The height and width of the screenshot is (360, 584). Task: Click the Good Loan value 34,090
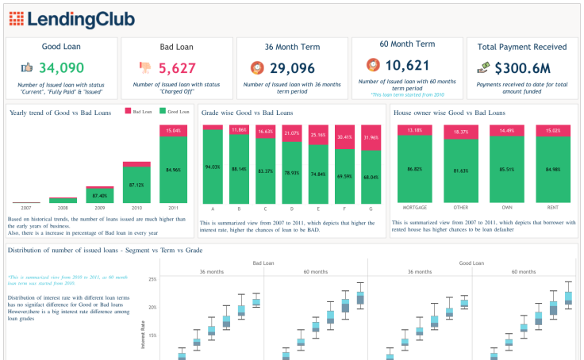click(62, 68)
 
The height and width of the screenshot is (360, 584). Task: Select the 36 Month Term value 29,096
click(293, 68)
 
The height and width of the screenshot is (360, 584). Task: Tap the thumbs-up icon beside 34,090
click(27, 68)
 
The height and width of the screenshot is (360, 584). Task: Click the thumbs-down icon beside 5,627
click(144, 68)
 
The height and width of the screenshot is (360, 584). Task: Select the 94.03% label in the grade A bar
click(213, 167)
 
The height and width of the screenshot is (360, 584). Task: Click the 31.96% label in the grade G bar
click(371, 138)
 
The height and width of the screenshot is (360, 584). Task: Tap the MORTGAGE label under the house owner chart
click(415, 209)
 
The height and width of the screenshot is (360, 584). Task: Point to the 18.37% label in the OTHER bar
click(461, 132)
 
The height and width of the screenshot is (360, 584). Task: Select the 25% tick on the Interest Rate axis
click(152, 279)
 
